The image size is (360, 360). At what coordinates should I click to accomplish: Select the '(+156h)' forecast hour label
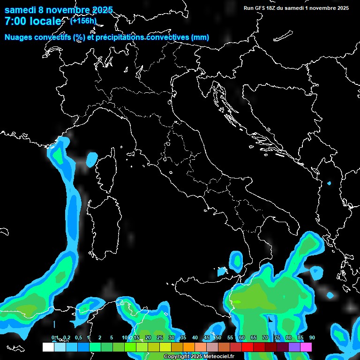tap(83, 21)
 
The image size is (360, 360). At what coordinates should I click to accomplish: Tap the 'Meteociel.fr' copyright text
tap(215, 356)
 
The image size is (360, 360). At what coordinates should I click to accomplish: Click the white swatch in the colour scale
tap(48, 347)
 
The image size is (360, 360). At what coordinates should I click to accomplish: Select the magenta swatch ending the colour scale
tap(306, 347)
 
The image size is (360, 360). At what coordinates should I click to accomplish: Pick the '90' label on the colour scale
tap(312, 337)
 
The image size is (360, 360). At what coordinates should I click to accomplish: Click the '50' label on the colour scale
tap(218, 337)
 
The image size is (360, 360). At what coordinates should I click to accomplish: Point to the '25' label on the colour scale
tap(159, 337)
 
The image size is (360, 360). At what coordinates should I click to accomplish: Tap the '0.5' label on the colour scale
tap(78, 337)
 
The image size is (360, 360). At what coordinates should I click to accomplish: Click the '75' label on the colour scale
tap(277, 337)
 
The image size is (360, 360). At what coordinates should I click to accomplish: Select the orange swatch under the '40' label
tap(189, 347)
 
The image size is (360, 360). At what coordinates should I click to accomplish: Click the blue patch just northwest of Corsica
tap(92, 158)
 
